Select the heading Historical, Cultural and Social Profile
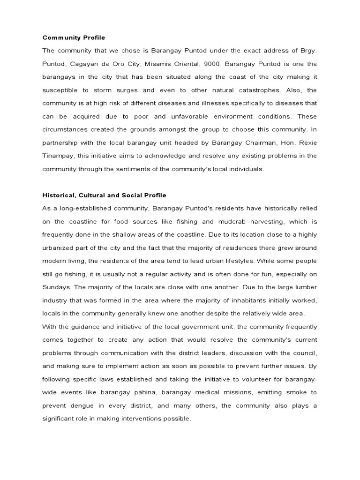[105, 195]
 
